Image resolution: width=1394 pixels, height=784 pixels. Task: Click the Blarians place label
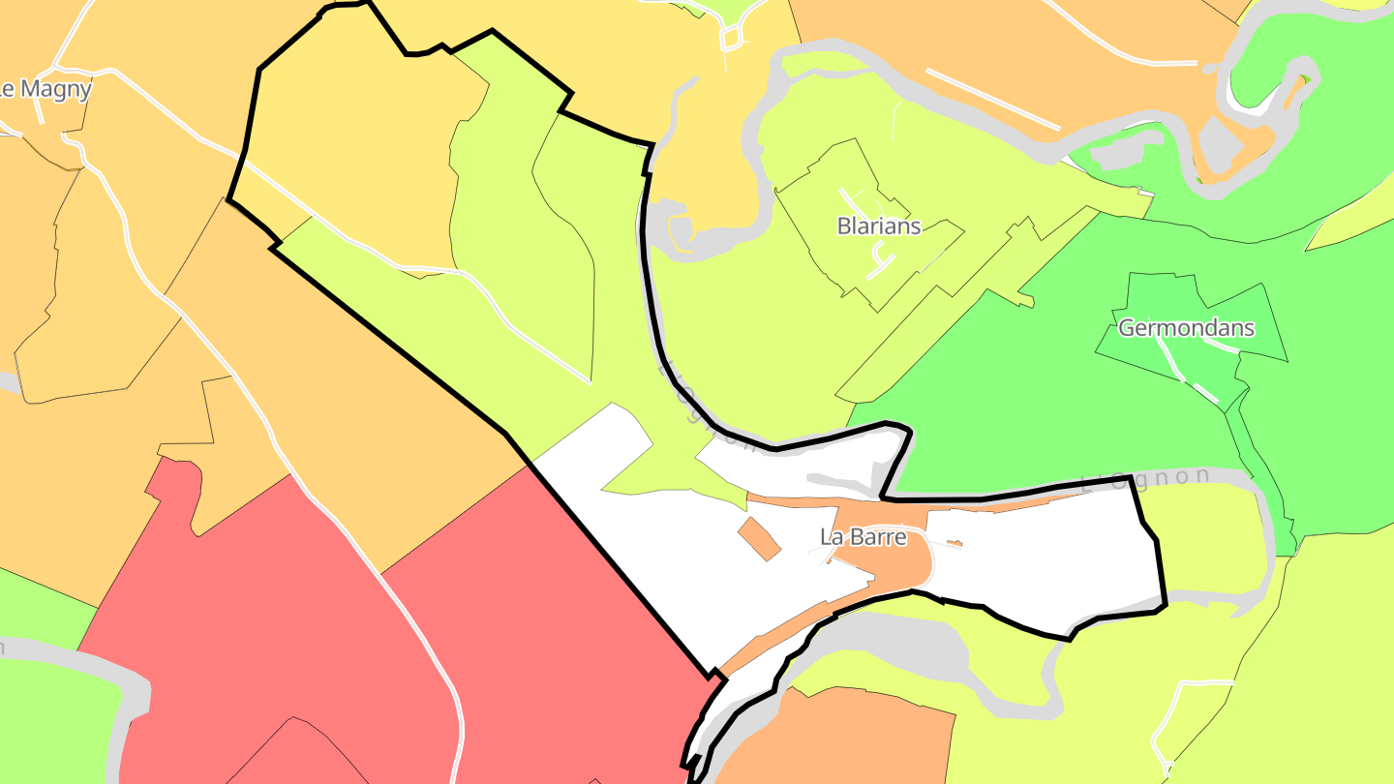(x=878, y=226)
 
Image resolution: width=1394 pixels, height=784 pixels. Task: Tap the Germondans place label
(x=1186, y=328)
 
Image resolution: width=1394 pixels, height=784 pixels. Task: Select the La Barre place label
(x=863, y=537)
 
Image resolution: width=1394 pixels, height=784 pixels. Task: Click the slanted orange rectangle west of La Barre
(x=759, y=538)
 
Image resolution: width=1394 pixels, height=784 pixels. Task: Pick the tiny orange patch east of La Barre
(x=954, y=544)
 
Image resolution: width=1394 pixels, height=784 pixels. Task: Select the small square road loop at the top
(x=732, y=39)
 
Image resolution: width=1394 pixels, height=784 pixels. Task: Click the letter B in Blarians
(x=843, y=226)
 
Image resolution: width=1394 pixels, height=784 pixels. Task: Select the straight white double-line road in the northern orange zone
(x=992, y=99)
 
